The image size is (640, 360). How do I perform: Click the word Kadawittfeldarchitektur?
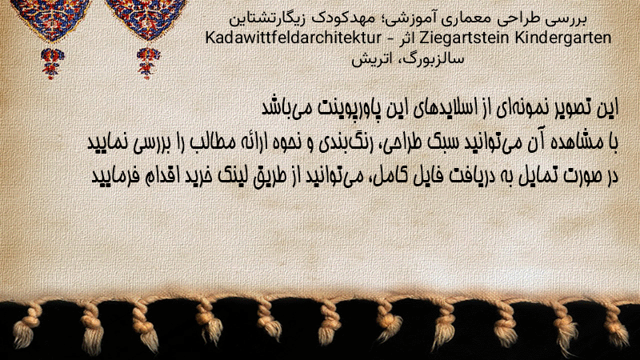(x=293, y=38)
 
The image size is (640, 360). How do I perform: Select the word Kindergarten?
(x=563, y=38)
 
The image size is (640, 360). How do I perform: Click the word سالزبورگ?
(x=434, y=59)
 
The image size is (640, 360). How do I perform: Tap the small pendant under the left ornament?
(x=52, y=63)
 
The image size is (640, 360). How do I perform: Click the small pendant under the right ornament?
(x=148, y=63)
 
